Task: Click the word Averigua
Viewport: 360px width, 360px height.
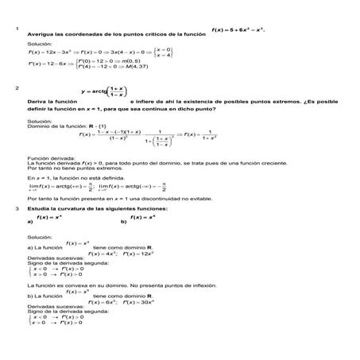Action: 41,36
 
